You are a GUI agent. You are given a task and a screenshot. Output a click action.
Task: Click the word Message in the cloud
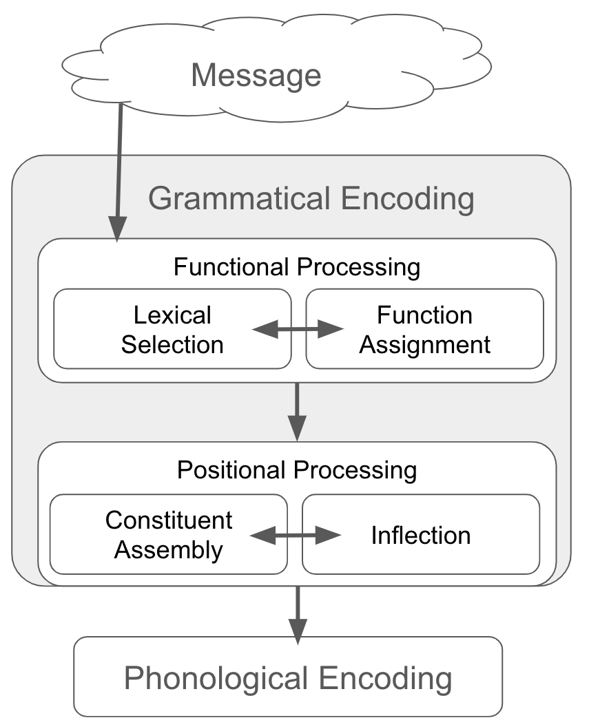coord(256,75)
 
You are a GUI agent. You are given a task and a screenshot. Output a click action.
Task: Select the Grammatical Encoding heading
coord(311,199)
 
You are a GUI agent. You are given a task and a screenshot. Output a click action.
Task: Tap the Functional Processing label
coord(296,267)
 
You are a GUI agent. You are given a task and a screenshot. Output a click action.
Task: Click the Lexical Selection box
coord(172,329)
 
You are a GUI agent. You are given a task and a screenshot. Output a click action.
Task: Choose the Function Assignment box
coord(424,329)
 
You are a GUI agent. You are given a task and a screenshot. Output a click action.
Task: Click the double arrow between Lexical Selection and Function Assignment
coord(298,330)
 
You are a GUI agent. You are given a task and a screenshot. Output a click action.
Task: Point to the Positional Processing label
coord(296,471)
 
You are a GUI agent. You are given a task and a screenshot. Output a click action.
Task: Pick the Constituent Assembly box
coord(169,535)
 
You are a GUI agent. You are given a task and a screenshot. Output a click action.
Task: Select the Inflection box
coord(420,535)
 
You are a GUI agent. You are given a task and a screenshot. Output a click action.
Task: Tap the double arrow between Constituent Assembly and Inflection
coord(295,535)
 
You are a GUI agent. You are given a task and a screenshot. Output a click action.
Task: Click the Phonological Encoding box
coord(288,677)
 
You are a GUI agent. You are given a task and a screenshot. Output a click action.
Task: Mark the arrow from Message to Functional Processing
coord(119,172)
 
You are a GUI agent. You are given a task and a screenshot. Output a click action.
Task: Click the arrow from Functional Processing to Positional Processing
coord(297,412)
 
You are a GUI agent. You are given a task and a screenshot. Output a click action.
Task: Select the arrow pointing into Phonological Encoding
coord(297,614)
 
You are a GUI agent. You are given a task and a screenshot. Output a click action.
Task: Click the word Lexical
coord(172,315)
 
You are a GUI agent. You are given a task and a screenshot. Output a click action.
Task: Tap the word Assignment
coord(424,344)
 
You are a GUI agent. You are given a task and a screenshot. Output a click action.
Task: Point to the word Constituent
coord(169,520)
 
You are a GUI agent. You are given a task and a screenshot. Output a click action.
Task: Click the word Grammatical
coord(240,199)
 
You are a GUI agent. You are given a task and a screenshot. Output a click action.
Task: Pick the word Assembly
coord(169,550)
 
